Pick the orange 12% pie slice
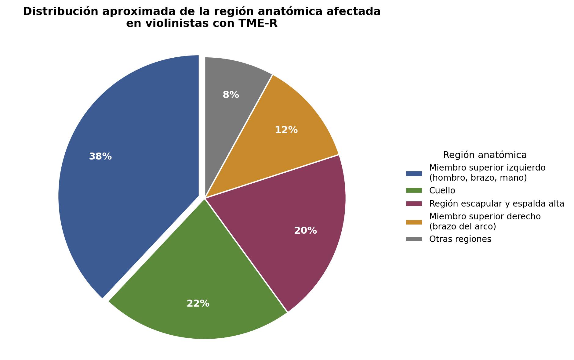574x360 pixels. point(281,137)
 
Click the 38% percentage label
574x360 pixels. point(100,157)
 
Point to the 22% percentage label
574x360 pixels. point(198,304)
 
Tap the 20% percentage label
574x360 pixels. point(306,231)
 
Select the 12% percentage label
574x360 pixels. point(286,130)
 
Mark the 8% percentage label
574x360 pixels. point(231,95)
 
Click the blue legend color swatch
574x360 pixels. point(414,173)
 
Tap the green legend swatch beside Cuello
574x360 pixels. point(414,191)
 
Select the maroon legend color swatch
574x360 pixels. point(414,203)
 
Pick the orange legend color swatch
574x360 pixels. point(414,222)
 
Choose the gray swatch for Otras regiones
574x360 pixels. point(414,239)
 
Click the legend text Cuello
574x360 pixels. point(442,191)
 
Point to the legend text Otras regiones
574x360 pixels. point(460,239)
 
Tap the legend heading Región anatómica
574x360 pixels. point(485,155)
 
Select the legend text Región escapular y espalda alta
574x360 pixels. point(497,204)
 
